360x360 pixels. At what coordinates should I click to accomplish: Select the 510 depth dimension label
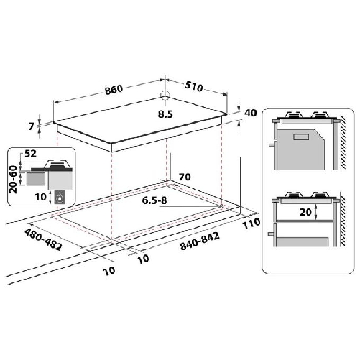tap(193, 87)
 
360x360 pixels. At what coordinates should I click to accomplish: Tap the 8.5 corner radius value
tap(166, 113)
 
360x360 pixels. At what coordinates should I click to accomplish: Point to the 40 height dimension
tap(250, 113)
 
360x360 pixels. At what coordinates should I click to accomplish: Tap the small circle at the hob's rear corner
tap(165, 96)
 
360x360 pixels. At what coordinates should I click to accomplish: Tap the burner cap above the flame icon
tap(60, 164)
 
